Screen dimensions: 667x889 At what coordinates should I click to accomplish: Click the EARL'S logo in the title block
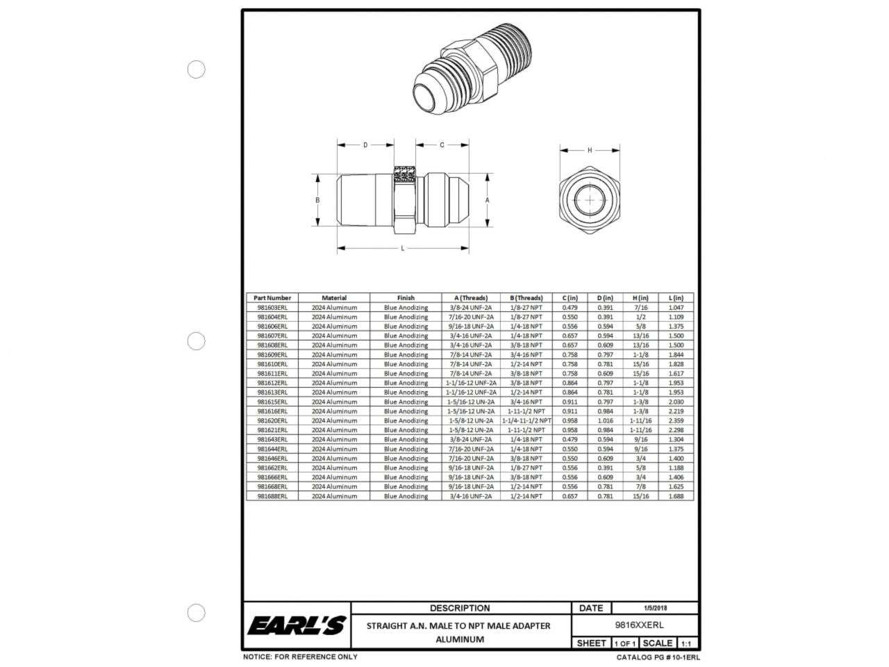(x=297, y=625)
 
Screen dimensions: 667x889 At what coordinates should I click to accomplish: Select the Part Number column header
(x=272, y=297)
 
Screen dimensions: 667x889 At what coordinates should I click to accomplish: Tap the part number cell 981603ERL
(x=272, y=307)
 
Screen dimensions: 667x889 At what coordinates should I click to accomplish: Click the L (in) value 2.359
(x=676, y=420)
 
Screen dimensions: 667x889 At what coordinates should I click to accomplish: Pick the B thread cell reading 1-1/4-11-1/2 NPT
(x=526, y=420)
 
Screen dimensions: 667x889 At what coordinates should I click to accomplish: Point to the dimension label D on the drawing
(x=365, y=145)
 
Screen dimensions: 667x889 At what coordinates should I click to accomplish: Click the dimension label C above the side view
(x=442, y=145)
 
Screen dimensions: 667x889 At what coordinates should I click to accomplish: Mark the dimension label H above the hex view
(x=590, y=150)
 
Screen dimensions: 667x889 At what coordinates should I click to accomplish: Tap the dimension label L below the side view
(x=403, y=248)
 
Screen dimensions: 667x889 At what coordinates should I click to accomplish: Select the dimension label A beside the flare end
(x=488, y=199)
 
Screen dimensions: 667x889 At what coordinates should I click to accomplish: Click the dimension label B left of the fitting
(x=317, y=199)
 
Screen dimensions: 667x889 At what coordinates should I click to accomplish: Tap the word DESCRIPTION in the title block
(x=459, y=608)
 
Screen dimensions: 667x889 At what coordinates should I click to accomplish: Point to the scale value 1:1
(x=686, y=643)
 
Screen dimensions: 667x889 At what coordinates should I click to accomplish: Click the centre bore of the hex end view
(x=590, y=200)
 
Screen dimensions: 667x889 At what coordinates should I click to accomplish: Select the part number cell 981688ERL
(x=272, y=496)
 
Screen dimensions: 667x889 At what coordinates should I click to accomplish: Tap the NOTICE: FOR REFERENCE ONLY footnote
(x=300, y=657)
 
